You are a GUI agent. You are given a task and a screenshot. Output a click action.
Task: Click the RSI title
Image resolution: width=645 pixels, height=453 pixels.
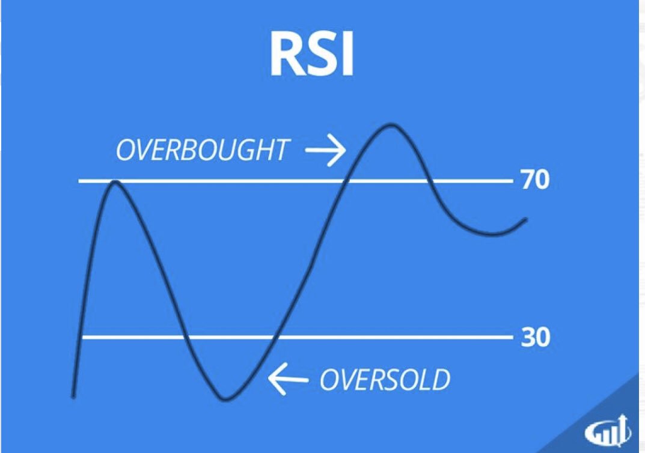click(312, 55)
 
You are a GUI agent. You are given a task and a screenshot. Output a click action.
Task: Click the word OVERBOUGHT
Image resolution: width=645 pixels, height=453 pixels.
click(202, 150)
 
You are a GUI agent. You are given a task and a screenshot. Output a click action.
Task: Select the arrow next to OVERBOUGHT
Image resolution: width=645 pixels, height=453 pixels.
click(325, 150)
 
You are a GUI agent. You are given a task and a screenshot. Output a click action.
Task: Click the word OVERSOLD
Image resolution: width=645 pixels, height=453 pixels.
click(385, 379)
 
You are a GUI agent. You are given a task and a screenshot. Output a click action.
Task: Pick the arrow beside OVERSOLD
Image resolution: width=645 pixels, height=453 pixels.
click(287, 379)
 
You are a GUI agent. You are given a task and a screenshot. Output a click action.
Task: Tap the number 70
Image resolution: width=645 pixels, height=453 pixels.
click(535, 180)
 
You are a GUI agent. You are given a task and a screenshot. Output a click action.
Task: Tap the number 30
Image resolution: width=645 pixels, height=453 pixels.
click(535, 338)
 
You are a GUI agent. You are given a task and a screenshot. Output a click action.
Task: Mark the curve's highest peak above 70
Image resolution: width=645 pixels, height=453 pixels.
click(391, 125)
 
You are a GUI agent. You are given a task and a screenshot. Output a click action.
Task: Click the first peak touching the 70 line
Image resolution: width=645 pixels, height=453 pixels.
click(115, 181)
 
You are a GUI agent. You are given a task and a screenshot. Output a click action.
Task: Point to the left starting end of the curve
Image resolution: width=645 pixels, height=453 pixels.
click(73, 396)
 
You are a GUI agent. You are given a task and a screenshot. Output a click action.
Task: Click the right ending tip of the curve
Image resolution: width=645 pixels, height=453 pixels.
click(526, 219)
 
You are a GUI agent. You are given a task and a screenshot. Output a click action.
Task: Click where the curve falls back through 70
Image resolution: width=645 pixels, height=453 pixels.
click(429, 180)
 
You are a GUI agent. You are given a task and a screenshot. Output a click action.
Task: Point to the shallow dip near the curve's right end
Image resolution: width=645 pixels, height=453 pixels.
click(493, 234)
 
